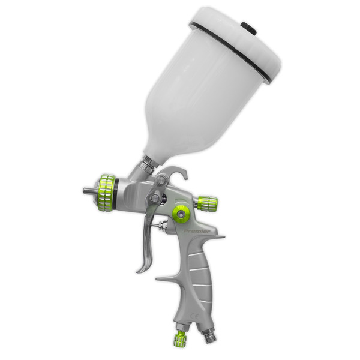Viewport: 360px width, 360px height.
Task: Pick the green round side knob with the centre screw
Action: (180, 213)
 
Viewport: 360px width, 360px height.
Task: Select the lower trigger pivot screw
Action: (155, 197)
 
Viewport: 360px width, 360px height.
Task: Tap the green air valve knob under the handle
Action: (180, 339)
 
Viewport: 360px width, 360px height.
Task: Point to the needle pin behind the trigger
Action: (163, 226)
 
